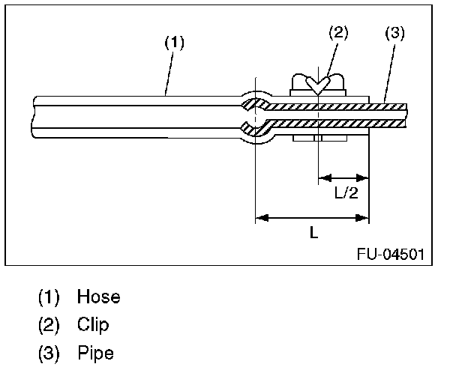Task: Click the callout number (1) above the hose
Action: click(x=174, y=43)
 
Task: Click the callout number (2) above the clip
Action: click(x=339, y=32)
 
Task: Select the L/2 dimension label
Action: click(x=346, y=193)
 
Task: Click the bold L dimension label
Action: click(x=313, y=233)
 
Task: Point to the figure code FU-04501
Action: click(x=390, y=254)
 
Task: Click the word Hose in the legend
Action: click(x=98, y=297)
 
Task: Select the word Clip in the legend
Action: click(x=93, y=324)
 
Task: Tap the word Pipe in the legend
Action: click(x=95, y=352)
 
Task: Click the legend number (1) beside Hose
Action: click(x=49, y=297)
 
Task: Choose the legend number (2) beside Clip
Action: click(x=49, y=324)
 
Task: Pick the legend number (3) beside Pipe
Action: click(x=49, y=352)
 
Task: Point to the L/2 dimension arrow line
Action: click(x=343, y=178)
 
